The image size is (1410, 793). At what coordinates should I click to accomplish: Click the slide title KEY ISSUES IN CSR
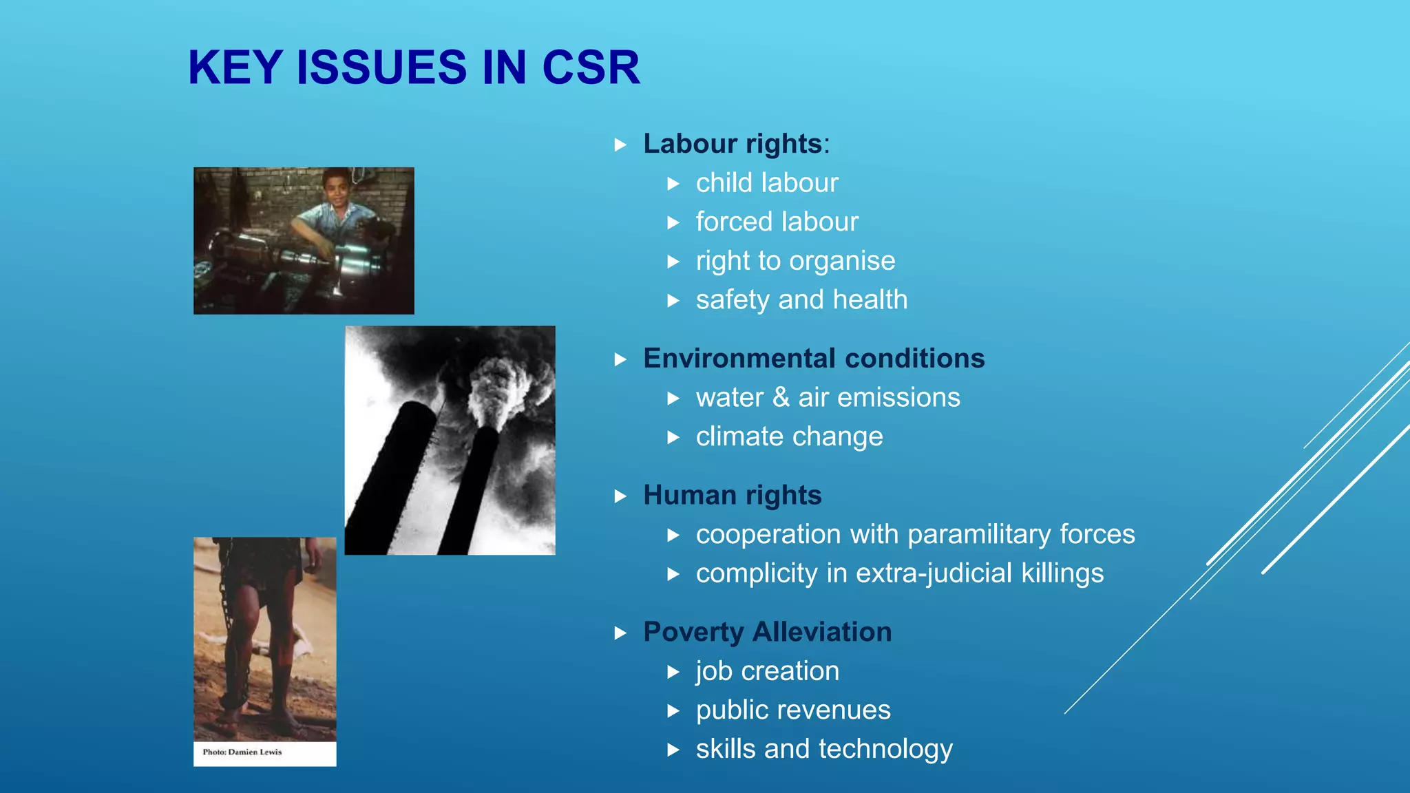tap(414, 67)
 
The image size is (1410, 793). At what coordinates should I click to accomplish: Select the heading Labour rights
tap(733, 144)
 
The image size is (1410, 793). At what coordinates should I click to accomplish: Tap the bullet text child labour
tap(767, 183)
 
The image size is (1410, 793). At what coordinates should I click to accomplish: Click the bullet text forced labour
tap(777, 222)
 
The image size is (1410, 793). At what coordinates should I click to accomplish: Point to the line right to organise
tap(795, 261)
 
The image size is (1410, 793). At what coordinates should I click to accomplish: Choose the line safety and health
tap(801, 300)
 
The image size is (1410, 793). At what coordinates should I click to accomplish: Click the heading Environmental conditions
tap(814, 359)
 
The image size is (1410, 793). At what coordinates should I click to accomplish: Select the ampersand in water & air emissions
tap(781, 397)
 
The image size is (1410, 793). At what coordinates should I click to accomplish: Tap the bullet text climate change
tap(789, 436)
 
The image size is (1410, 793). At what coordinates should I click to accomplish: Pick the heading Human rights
tap(733, 495)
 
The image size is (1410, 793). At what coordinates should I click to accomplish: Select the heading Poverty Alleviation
tap(767, 632)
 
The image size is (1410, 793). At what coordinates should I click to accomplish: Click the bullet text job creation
tap(767, 671)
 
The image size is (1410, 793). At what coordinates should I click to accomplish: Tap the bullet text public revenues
tap(793, 710)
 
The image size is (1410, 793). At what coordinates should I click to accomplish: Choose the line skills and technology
tap(824, 749)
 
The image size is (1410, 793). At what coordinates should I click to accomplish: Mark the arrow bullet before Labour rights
tap(620, 145)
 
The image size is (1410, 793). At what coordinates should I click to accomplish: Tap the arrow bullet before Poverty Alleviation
tap(620, 633)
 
